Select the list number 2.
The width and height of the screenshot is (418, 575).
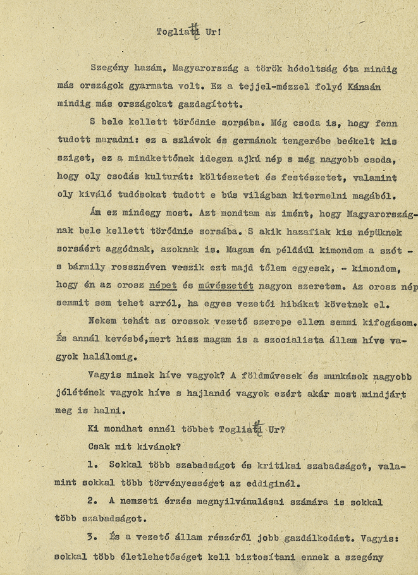(x=93, y=502)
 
